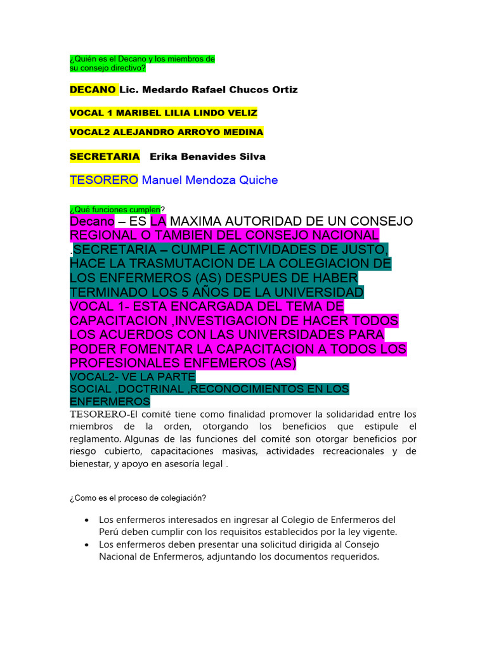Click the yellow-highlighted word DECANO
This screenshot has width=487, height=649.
point(93,90)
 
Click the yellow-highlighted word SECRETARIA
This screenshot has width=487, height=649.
point(105,157)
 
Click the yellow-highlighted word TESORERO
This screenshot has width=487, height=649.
point(104,180)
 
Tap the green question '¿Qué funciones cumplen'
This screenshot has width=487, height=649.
point(115,209)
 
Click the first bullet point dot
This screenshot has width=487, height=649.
point(86,520)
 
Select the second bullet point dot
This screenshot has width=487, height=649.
point(86,545)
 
